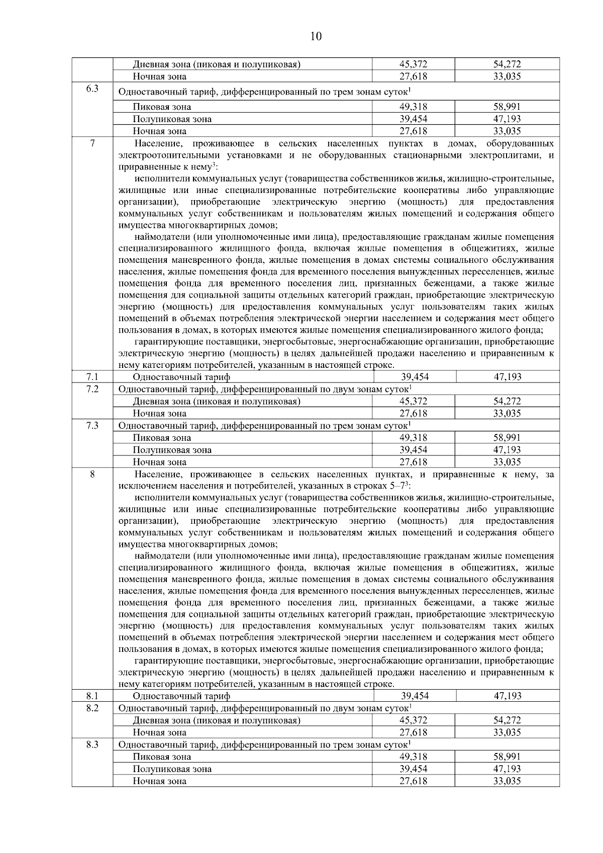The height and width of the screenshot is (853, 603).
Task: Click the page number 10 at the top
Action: point(316,36)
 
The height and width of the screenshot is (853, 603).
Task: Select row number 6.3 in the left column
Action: point(92,89)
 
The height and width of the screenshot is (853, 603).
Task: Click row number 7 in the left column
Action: point(92,144)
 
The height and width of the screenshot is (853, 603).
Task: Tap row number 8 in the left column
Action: point(92,474)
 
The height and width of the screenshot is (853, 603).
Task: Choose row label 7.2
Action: point(92,389)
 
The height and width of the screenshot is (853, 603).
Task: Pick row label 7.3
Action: point(92,426)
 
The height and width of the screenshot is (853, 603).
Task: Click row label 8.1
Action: point(92,696)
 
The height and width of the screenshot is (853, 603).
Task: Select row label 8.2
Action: point(92,708)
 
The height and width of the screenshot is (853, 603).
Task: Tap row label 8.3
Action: point(92,744)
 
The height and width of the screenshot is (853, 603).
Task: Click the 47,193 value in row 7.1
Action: point(508,377)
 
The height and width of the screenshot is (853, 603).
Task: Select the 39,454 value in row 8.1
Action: point(415,696)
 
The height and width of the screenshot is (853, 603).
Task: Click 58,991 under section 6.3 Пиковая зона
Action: point(507,107)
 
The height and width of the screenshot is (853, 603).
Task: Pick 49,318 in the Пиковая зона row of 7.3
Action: point(413,438)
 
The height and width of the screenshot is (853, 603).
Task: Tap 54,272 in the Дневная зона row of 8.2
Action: point(507,720)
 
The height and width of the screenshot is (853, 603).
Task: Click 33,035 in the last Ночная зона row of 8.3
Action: point(507,781)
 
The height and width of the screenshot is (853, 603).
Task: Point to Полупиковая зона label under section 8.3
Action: point(172,769)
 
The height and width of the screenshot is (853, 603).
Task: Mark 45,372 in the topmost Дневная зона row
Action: point(413,64)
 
